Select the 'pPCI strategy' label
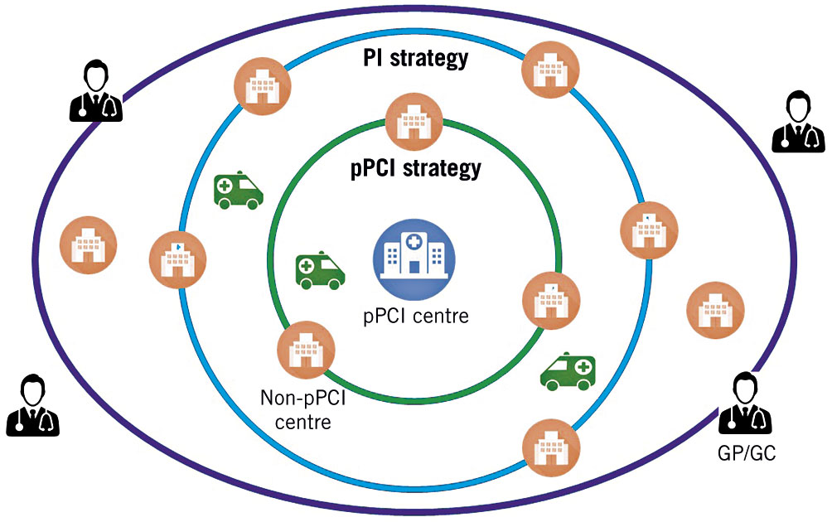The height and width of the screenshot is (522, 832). pos(414,168)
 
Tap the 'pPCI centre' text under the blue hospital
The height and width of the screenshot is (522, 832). pos(415,315)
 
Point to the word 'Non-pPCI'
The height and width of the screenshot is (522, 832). pos(302,400)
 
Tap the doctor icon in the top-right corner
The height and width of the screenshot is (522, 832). pos(798,122)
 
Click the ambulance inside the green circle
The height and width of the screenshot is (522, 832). pos(320,271)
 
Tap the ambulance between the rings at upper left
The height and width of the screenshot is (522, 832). pos(239,190)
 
